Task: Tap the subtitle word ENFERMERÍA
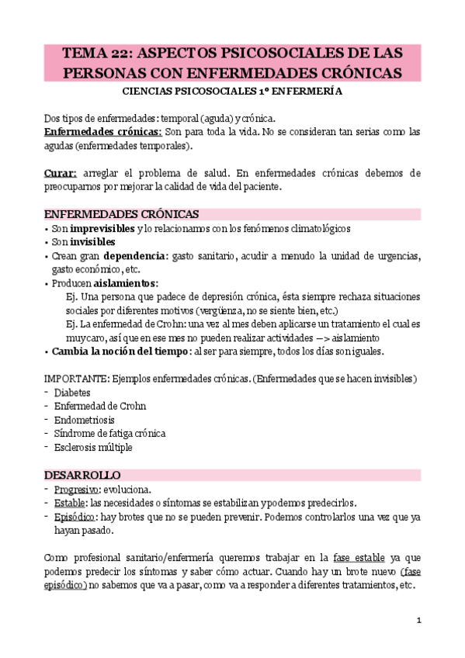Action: point(309,92)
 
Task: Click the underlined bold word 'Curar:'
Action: point(61,172)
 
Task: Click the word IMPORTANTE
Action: point(75,379)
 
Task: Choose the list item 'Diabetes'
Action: point(72,393)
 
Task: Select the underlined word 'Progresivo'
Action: point(76,489)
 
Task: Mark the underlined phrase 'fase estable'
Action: point(359,557)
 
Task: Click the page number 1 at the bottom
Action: point(418,619)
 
